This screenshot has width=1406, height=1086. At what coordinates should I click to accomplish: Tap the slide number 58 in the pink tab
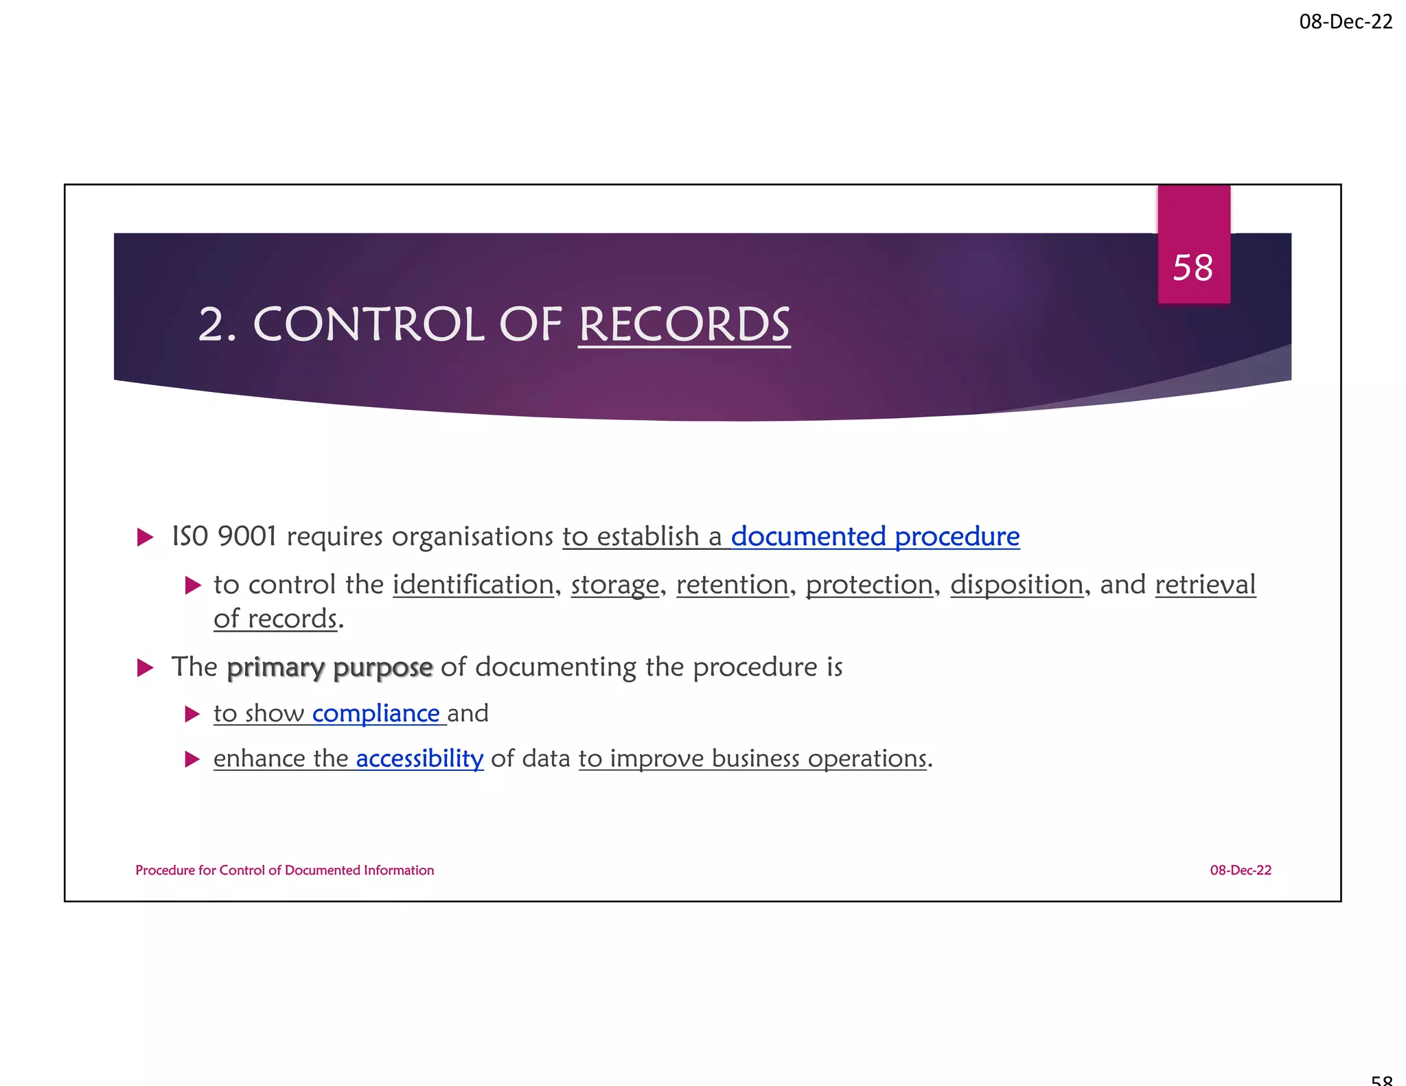[x=1193, y=267]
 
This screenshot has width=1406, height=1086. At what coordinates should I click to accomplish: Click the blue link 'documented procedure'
[x=875, y=536]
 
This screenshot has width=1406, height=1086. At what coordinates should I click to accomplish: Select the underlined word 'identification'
[x=473, y=585]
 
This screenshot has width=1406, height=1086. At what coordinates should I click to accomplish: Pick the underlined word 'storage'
[x=614, y=585]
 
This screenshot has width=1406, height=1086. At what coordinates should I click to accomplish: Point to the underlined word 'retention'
[x=732, y=585]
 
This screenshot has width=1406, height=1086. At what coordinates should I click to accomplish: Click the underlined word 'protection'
[x=869, y=585]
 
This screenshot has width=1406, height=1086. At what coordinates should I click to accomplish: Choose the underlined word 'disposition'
[x=1016, y=585]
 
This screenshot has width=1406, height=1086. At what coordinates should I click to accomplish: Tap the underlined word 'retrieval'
[x=1205, y=585]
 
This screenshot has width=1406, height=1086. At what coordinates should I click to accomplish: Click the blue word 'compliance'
[x=376, y=714]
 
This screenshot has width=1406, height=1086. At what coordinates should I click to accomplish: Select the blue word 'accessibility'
[x=419, y=759]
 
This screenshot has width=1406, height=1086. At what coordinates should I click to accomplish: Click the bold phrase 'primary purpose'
[x=330, y=667]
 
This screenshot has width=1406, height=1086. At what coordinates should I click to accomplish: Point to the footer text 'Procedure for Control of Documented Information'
[x=284, y=870]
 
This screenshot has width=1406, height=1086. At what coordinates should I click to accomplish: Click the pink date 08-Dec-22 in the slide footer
[x=1241, y=870]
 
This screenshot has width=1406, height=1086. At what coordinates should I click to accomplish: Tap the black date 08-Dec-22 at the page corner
[x=1346, y=22]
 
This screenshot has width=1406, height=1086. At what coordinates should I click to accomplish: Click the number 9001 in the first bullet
[x=246, y=536]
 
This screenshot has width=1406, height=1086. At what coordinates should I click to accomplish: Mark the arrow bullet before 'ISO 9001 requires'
[x=145, y=537]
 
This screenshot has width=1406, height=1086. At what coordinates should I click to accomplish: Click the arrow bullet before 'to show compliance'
[x=192, y=715]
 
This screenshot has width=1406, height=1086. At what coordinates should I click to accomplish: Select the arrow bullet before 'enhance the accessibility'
[x=192, y=759]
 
